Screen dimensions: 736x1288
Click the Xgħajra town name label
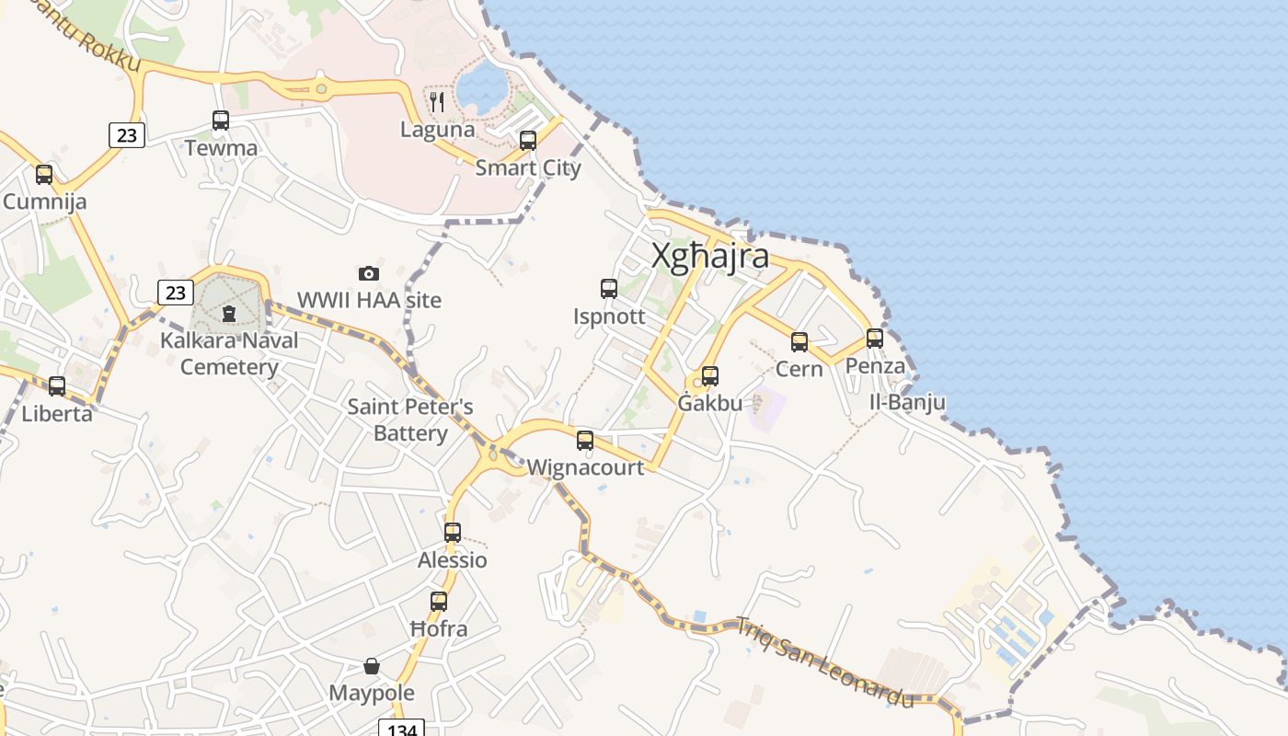(x=709, y=256)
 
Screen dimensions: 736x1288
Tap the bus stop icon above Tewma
(x=221, y=121)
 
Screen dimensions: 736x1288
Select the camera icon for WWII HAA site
(x=369, y=273)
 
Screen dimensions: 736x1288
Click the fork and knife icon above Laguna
(x=438, y=101)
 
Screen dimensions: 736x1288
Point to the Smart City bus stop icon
(x=528, y=141)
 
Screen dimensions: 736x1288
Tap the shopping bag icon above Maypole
(x=372, y=666)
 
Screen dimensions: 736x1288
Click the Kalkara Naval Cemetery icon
(x=229, y=314)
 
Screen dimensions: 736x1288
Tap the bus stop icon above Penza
(x=874, y=339)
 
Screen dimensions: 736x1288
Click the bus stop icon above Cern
(x=799, y=342)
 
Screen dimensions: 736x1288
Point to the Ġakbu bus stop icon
(x=709, y=376)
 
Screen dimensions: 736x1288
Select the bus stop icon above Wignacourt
(x=585, y=441)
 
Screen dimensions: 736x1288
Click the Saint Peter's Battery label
(x=410, y=420)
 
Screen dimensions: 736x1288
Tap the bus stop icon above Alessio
(x=453, y=533)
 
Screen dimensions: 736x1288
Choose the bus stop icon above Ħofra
(x=439, y=602)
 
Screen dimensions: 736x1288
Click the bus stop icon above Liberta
(x=57, y=386)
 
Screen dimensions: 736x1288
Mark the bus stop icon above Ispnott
(x=609, y=289)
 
